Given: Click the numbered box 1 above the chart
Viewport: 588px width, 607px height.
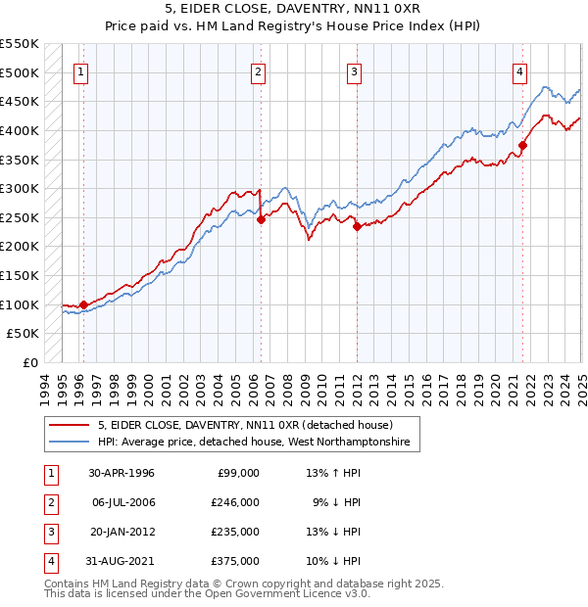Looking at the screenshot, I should (79, 71).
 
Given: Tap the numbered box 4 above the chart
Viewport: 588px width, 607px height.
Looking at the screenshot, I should (519, 71).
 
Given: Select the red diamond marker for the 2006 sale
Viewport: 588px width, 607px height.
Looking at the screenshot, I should (261, 220).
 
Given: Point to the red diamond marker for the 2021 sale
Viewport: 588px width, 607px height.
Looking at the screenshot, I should (522, 146).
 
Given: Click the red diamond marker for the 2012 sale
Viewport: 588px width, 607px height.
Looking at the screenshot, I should (357, 226).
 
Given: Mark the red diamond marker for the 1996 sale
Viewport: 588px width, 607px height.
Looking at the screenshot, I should (83, 304).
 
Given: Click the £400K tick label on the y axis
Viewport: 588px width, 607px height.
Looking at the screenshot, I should (20, 130).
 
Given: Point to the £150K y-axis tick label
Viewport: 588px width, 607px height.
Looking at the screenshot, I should (20, 275).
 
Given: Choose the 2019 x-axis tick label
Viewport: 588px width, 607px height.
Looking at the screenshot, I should (475, 386).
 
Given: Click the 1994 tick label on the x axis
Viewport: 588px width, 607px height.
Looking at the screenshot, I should (45, 386).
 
